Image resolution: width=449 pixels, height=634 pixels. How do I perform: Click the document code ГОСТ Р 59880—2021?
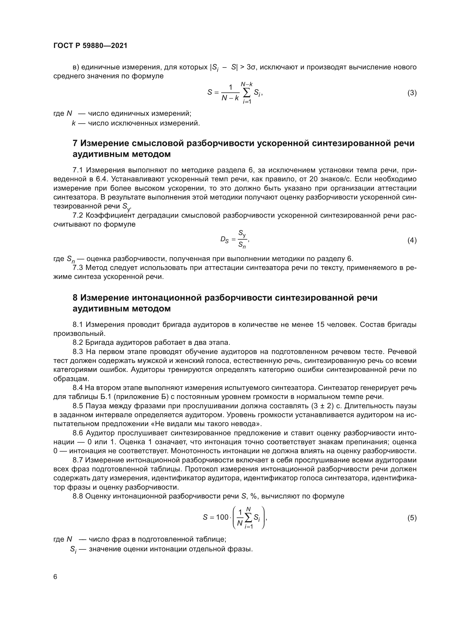tap(90, 46)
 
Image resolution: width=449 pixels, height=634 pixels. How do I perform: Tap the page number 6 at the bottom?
tap(55, 577)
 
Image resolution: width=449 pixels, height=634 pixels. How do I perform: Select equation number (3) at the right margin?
tap(412, 93)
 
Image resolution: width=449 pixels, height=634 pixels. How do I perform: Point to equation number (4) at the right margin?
tap(412, 240)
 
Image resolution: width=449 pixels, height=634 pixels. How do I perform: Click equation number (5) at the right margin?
tap(412, 518)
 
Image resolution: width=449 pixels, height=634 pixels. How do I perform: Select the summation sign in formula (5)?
tap(248, 518)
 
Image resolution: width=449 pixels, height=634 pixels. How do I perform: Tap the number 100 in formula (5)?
tap(222, 517)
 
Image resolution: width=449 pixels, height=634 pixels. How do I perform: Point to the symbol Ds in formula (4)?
tap(224, 240)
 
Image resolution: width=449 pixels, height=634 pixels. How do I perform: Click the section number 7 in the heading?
tap(75, 143)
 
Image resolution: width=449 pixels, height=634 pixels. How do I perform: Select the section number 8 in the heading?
tap(75, 298)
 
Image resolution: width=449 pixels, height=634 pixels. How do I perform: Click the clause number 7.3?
tap(78, 268)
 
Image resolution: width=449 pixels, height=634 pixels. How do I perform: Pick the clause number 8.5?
tap(78, 406)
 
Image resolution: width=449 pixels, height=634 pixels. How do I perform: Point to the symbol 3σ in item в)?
tap(251, 67)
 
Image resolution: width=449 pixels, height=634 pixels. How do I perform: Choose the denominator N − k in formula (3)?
tap(230, 98)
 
